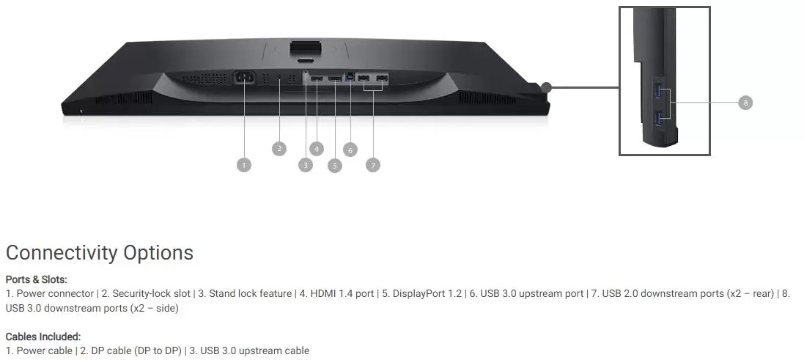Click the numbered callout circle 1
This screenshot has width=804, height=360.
point(244,165)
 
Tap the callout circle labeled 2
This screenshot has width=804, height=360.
point(279,149)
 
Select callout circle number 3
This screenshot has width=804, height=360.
point(306,165)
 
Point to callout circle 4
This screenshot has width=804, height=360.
point(317,149)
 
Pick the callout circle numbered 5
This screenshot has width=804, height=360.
point(335,166)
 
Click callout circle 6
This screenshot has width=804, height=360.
point(350,150)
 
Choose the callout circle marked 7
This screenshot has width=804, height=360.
point(373,165)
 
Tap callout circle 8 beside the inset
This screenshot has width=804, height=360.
point(745,103)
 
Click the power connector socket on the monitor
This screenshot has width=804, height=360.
point(245,78)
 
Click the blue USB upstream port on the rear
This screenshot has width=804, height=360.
point(351,76)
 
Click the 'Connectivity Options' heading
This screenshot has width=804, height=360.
point(100,253)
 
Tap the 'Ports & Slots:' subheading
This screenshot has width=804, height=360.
point(37,279)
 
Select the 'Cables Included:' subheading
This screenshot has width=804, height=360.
point(43,337)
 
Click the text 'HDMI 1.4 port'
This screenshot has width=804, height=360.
point(342,294)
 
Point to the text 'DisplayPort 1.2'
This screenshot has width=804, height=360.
point(427,294)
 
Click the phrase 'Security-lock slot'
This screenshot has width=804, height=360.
point(151,294)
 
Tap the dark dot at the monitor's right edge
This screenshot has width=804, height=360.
point(546,88)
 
